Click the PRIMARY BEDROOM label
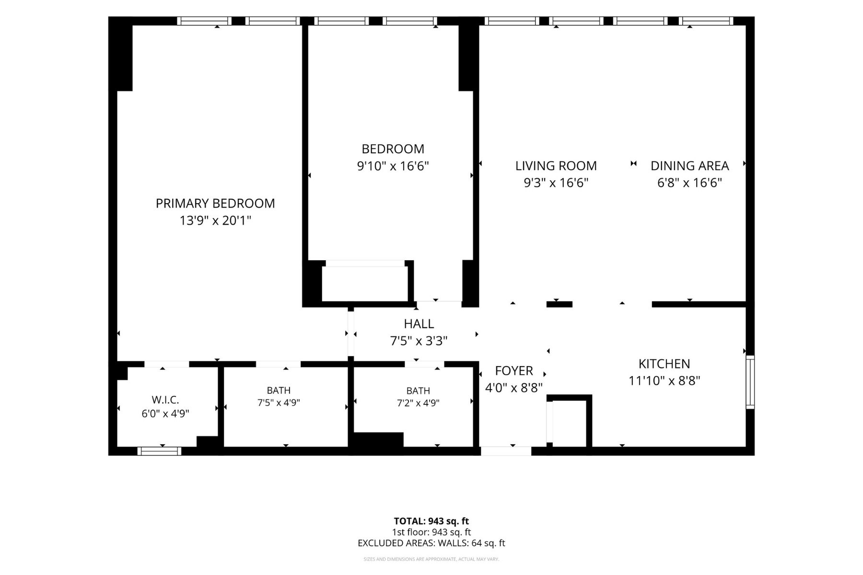click(215, 203)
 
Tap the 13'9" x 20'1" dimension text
click(215, 220)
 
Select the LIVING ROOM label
click(556, 166)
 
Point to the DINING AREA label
click(689, 166)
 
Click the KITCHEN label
click(665, 364)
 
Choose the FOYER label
click(514, 370)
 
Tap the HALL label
click(419, 324)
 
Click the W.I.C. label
click(165, 400)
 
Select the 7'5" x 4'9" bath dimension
click(279, 403)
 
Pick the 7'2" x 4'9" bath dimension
click(418, 403)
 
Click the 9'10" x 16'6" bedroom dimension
click(393, 166)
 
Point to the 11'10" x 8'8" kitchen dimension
click(665, 381)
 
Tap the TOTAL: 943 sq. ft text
click(431, 521)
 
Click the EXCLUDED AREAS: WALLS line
click(431, 543)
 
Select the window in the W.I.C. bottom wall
click(159, 451)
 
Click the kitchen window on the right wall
click(750, 382)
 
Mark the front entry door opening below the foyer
click(506, 451)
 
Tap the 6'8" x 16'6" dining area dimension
click(689, 183)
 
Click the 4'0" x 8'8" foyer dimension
click(514, 388)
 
